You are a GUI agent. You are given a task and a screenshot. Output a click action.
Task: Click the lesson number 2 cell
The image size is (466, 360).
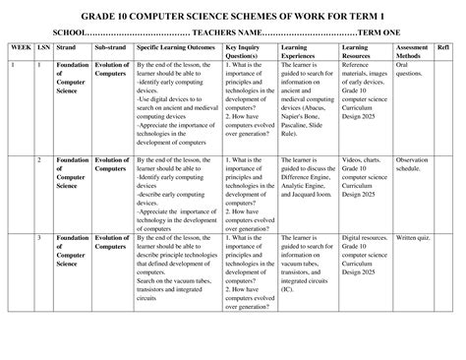point(39,159)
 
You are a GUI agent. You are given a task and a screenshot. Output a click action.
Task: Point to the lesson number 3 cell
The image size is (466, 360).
point(39,239)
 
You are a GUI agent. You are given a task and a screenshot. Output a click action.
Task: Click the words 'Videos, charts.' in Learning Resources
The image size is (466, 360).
point(364,159)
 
